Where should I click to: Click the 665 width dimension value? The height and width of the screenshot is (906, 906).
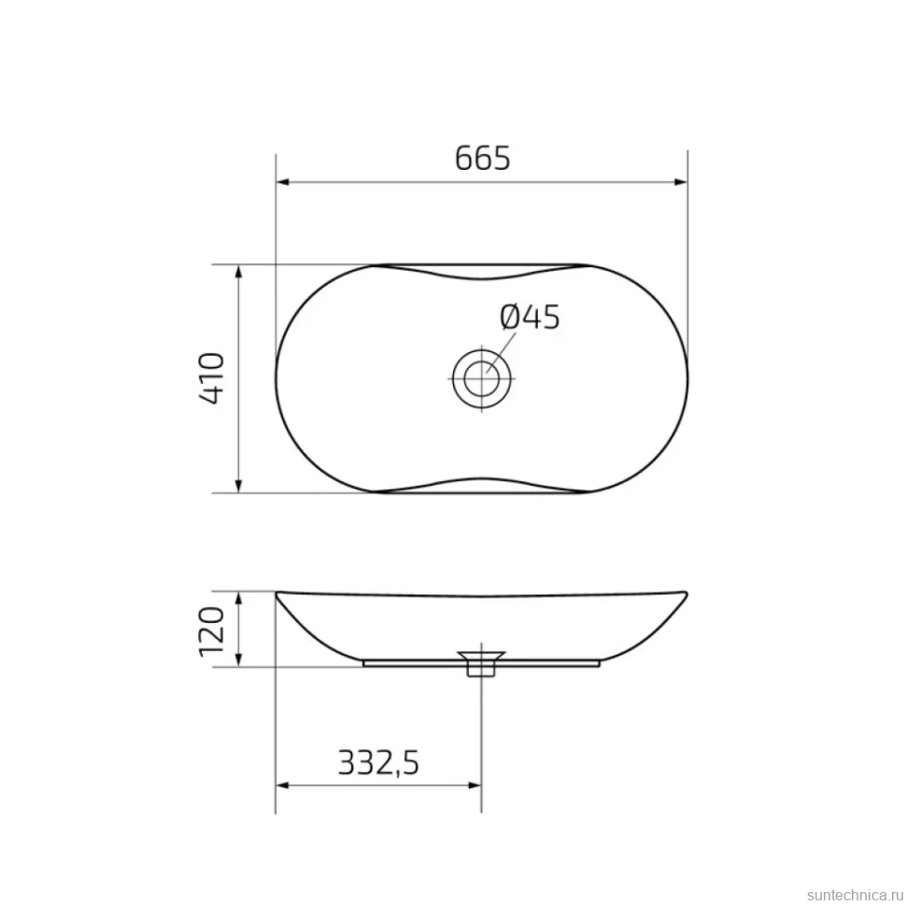click(483, 158)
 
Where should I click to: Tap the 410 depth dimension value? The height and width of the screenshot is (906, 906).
click(211, 378)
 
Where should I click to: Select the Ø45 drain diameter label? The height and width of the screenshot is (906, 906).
click(530, 318)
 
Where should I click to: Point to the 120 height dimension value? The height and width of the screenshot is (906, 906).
click(211, 631)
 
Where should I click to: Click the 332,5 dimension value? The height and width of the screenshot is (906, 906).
click(378, 762)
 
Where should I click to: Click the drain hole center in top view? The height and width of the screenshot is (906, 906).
click(481, 378)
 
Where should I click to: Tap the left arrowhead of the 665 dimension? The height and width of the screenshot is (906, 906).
click(283, 182)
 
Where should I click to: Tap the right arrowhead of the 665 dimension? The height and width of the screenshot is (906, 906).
click(681, 182)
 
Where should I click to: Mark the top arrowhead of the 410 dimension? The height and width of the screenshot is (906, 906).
click(238, 272)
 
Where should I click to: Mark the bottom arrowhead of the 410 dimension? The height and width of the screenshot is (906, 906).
click(238, 486)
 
